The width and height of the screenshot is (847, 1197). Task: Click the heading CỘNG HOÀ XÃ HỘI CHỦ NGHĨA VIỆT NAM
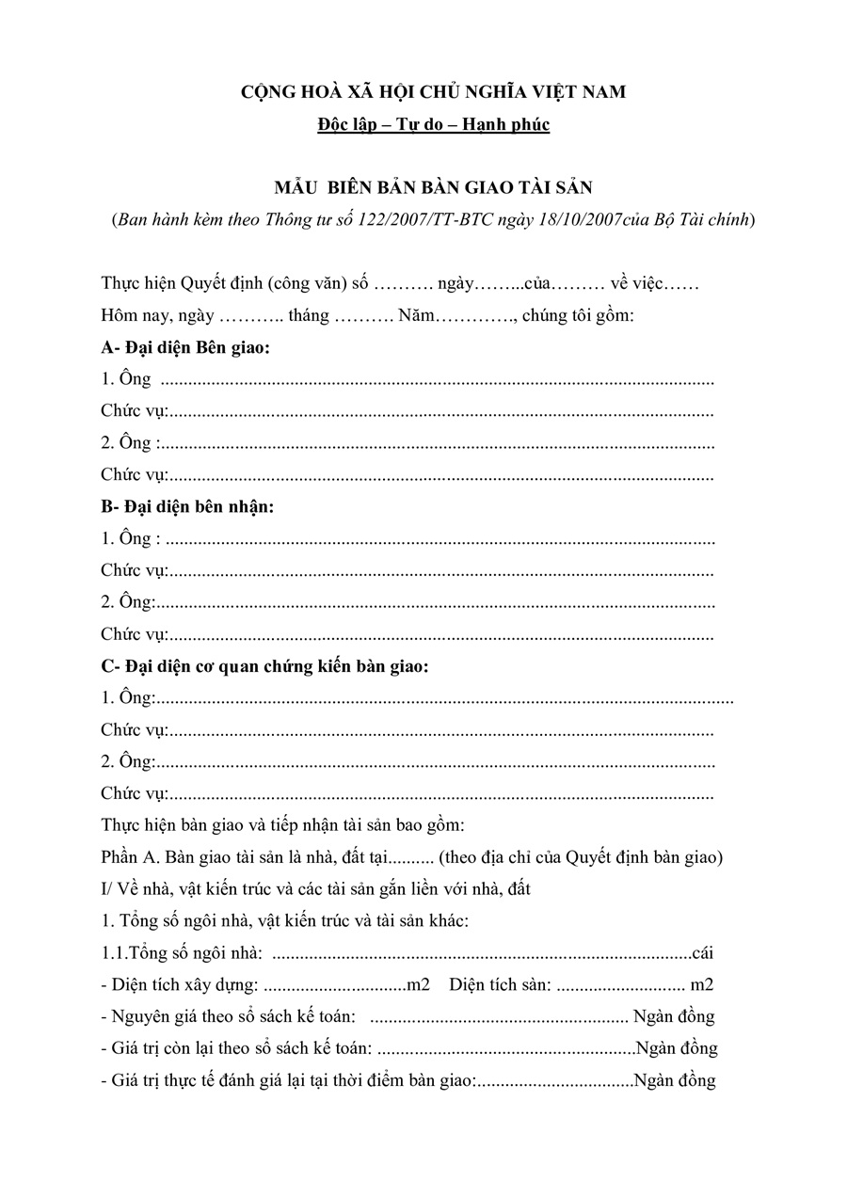pos(433,91)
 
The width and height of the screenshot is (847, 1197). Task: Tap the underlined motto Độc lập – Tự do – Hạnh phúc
pos(433,124)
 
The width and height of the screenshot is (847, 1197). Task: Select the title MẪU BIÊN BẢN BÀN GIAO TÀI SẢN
pos(433,187)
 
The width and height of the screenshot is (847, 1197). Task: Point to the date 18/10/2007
pos(578,220)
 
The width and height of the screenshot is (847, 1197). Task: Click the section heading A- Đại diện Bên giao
pos(185,348)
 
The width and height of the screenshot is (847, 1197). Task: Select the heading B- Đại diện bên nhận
pos(187,507)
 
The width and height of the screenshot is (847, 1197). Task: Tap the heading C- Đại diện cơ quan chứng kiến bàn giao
pos(264,667)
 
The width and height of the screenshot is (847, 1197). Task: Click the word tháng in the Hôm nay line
pos(309,316)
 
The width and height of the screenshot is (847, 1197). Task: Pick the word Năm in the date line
pos(415,316)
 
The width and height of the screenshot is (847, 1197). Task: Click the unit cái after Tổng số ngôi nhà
pos(702,953)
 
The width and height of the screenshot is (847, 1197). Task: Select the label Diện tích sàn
pos(500,985)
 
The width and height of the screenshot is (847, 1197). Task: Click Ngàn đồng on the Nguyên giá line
pos(674,1017)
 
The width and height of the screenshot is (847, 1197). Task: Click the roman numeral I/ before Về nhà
pos(106,889)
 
